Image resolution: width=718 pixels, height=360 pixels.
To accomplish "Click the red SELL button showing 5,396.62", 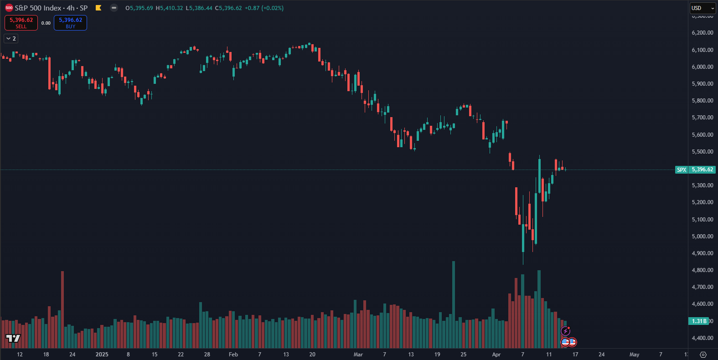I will (21, 23).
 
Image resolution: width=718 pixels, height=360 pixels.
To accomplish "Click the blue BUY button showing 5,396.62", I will (70, 23).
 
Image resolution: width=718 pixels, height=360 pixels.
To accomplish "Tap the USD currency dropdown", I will (703, 8).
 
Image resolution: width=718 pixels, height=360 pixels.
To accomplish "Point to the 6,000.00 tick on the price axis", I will (702, 67).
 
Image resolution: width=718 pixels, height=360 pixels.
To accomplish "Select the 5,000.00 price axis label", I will (702, 237).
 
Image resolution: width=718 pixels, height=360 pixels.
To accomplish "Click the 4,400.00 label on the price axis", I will (702, 338).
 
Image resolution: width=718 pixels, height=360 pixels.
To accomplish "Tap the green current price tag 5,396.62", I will (702, 170).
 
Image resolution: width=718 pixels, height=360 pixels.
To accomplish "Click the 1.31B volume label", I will (699, 321).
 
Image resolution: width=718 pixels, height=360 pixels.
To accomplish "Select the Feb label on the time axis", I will (233, 355).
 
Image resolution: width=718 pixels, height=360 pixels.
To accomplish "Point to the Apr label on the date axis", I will (496, 355).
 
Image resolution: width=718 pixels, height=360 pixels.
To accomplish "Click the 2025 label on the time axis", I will (102, 355).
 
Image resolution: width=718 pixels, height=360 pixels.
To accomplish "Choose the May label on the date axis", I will (634, 355).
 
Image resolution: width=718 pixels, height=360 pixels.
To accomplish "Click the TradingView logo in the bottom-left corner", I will (13, 338).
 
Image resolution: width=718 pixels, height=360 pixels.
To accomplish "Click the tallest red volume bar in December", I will (62, 310).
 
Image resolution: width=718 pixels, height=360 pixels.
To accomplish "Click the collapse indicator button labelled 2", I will (11, 39).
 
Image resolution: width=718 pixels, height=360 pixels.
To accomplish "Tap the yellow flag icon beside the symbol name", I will (98, 8).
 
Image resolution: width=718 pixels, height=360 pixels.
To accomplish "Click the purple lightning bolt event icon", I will (565, 331).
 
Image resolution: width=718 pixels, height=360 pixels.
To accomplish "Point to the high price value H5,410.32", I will (169, 8).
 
